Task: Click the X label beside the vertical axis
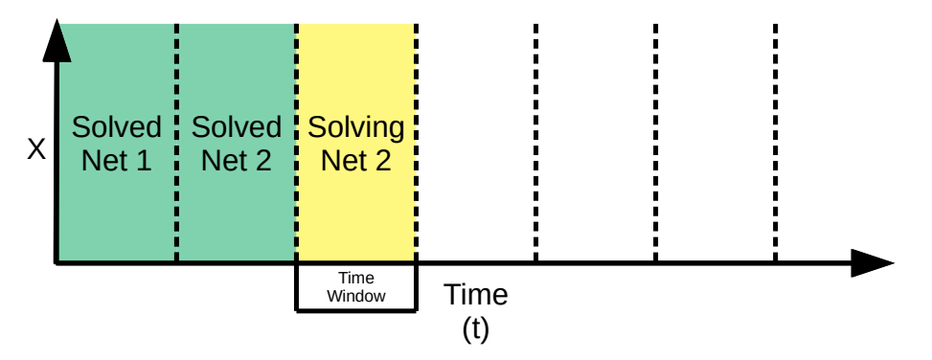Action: [x=36, y=149]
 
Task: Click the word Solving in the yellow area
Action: [x=355, y=127]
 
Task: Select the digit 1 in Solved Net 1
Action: [x=143, y=160]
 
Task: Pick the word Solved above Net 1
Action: [x=117, y=127]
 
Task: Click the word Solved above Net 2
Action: [x=236, y=127]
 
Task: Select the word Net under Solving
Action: [x=342, y=160]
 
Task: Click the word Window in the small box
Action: [x=355, y=296]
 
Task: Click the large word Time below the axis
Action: [x=475, y=294]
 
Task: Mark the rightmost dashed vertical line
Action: [x=775, y=144]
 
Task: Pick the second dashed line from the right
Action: [x=655, y=144]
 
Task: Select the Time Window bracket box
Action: [x=355, y=308]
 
